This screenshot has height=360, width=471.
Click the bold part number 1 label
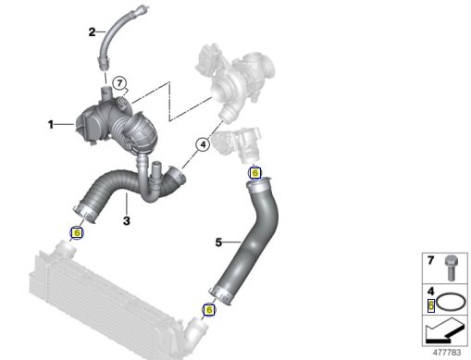coord(51,125)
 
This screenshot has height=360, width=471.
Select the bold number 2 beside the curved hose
coord(92,32)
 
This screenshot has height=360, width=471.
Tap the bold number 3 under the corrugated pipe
coord(127,221)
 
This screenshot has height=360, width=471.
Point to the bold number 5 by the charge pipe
coord(218,242)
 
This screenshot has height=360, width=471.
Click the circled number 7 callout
coord(119,83)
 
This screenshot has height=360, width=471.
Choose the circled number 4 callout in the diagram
coord(203,144)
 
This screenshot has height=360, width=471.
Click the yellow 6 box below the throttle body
coord(254,173)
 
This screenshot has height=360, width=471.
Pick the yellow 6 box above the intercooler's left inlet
coord(77,232)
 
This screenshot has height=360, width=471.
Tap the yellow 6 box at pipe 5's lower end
coord(209,309)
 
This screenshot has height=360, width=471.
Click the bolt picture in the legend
coord(452,268)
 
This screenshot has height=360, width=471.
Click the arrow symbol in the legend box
coord(445,331)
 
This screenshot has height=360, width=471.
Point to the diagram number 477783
coord(447,353)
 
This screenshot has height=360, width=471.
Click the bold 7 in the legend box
coord(430,260)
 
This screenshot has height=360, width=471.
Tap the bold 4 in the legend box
coord(430,292)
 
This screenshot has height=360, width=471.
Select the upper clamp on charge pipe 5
coord(258,185)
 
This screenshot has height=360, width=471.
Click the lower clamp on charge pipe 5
coord(221,295)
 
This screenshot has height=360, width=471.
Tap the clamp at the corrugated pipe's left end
coord(85,212)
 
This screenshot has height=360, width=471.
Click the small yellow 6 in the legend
coord(431,305)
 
